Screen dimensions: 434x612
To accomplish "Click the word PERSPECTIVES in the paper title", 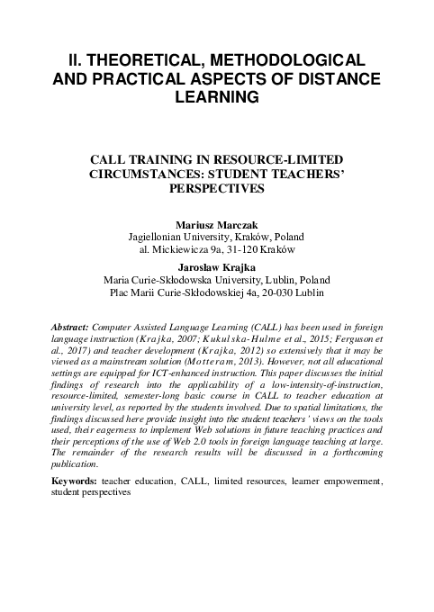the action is [216, 191].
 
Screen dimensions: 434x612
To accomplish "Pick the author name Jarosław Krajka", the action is [216, 266].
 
